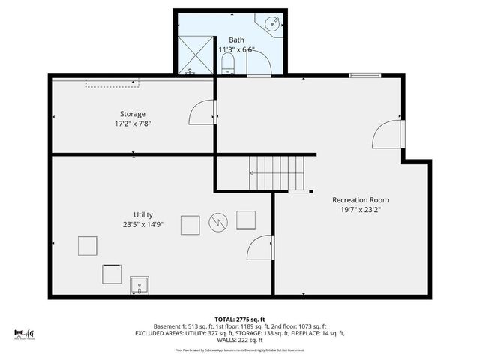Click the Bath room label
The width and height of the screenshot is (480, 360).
236,39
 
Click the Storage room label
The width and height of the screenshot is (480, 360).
133,114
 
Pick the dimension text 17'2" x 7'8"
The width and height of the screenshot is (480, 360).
133,124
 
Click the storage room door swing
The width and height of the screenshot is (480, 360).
201,113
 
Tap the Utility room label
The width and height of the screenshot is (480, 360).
143,214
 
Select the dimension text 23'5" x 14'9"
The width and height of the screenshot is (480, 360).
143,224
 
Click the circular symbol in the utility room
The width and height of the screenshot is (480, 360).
218,221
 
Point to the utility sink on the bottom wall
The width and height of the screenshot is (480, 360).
139,285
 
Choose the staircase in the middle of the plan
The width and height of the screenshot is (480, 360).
277,172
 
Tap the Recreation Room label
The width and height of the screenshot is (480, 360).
361,200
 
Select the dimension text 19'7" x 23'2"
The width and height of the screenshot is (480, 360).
361,211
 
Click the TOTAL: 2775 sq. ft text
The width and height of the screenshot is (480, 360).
240,319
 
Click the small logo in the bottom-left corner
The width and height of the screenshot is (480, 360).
24,334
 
